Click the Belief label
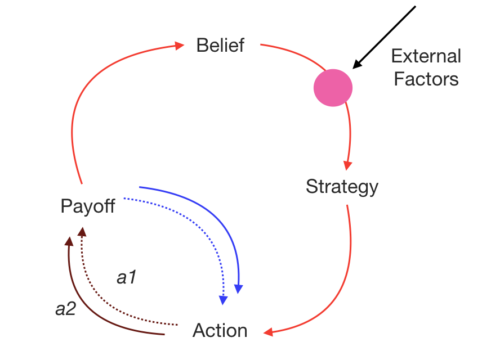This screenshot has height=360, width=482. coord(220,45)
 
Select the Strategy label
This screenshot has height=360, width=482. coord(342,186)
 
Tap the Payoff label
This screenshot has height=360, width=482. coord(87,206)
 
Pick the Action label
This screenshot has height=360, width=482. coord(220,330)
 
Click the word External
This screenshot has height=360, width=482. coord(426,56)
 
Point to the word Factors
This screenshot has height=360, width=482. coord(426,79)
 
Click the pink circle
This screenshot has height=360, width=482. coord(333,88)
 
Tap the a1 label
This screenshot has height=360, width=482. coord(127,277)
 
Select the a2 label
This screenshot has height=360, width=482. coord(65,309)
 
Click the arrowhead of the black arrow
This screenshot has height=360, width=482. coord(356,65)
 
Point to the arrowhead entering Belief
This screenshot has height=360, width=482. coord(180,45)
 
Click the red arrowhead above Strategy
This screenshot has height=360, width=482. coord(347,165)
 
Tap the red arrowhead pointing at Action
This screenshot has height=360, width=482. coord(268,332)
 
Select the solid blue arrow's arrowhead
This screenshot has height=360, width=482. coord(239,289)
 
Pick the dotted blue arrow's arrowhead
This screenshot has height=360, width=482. coord(224,300)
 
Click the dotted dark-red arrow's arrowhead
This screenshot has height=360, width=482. coord(82,231)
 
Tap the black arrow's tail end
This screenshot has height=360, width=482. coord(415,7)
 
